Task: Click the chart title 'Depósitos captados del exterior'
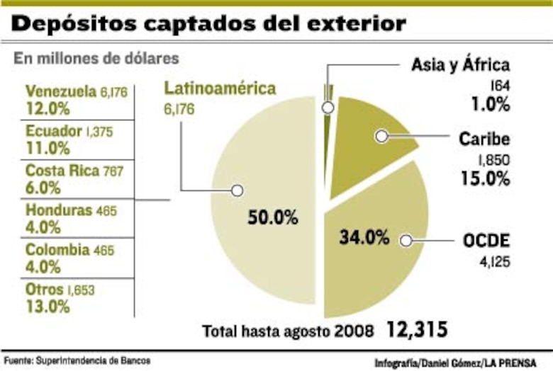(x=209, y=24)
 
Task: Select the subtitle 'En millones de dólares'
(x=96, y=58)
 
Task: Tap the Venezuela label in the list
(x=60, y=91)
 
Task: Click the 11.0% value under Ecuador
(x=48, y=149)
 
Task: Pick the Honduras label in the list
(x=59, y=210)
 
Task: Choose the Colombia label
(x=57, y=250)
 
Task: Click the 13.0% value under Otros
(x=48, y=307)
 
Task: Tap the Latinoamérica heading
(x=220, y=89)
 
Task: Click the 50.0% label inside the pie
(x=272, y=217)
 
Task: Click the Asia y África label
(x=460, y=66)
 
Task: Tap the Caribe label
(x=484, y=138)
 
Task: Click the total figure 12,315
(x=418, y=330)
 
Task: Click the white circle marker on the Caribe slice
(x=381, y=137)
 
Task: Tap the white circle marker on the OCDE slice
(x=406, y=241)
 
